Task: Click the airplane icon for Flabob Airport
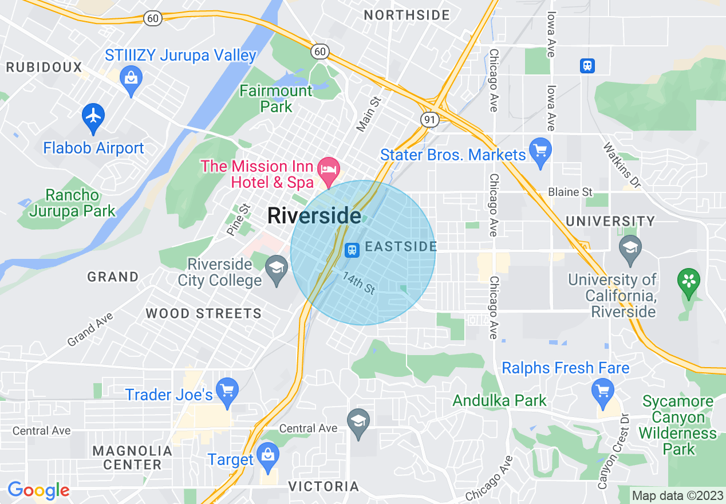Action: pos(93,115)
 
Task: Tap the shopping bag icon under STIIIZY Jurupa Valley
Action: pos(131,78)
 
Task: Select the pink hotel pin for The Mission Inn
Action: pos(329,170)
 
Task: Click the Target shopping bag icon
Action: pos(267,456)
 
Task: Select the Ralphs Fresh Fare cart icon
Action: pos(602,392)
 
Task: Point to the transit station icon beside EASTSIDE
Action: pos(352,249)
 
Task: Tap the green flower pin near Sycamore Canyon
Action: pos(689,282)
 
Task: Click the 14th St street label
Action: pos(358,283)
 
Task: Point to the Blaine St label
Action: pos(570,192)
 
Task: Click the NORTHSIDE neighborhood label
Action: pos(407,15)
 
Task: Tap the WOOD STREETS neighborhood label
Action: pos(203,313)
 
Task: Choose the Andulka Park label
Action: pos(500,400)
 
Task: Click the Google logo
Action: pos(38,490)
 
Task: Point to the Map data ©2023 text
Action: pos(677,495)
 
